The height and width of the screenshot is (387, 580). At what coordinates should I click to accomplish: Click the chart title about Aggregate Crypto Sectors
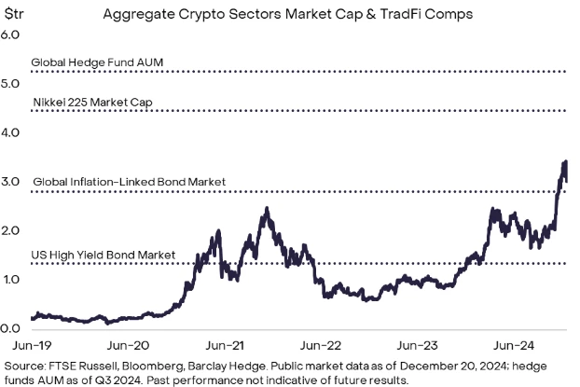289,15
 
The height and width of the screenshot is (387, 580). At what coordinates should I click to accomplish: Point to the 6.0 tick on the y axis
11,35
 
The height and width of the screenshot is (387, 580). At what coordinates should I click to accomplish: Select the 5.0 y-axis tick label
11,84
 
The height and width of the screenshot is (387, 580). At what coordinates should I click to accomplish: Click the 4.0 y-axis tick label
11,132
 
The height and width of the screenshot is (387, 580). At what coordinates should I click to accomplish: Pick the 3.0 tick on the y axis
11,182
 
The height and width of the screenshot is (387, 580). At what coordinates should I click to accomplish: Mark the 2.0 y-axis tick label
11,230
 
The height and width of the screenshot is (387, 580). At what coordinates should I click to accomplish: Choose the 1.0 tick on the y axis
11,280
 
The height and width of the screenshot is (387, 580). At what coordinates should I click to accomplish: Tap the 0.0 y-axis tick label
11,328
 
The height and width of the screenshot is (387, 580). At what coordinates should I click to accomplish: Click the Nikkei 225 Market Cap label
92,102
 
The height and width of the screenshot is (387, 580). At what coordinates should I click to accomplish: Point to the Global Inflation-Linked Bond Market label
129,182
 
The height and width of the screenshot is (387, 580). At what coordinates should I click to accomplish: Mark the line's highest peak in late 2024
565,162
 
